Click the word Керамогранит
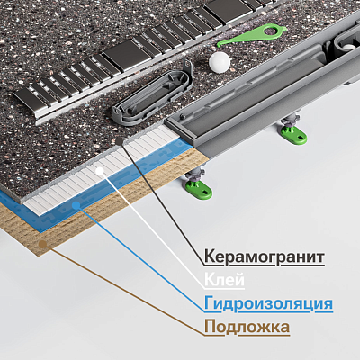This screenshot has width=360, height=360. tap(265, 256)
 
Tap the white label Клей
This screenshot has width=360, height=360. tap(224, 280)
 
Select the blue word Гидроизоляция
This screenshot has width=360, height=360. tap(268, 303)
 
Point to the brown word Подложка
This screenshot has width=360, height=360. tap(247, 327)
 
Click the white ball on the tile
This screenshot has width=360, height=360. tap(220, 63)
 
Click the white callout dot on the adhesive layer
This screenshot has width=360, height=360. tap(100, 171)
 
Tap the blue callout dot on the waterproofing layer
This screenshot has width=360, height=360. tap(76, 205)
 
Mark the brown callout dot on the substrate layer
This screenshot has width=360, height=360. tap(43, 244)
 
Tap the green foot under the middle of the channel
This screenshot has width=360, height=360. tap(293, 135)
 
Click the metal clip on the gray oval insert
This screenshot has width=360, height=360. tap(187, 67)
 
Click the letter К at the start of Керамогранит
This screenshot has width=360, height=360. tap(210, 256)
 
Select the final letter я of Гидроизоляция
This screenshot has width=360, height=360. tap(328, 303)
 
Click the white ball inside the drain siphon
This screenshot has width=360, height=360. tap(348, 47)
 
